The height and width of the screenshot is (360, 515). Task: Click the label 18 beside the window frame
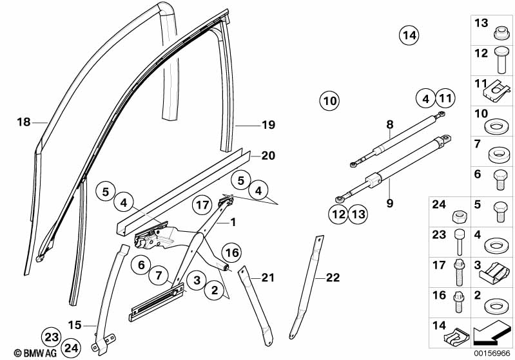(x=23, y=122)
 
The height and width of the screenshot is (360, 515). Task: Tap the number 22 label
(x=332, y=278)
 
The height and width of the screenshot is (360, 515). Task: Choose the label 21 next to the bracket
(x=267, y=278)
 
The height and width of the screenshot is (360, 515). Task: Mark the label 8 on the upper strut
(x=389, y=124)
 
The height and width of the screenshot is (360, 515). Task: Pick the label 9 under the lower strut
(x=389, y=204)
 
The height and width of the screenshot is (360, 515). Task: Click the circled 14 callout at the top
(x=408, y=35)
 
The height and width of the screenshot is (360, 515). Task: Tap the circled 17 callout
(x=203, y=205)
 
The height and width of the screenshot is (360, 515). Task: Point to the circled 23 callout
(x=51, y=336)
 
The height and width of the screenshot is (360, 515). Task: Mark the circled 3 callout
(x=197, y=279)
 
